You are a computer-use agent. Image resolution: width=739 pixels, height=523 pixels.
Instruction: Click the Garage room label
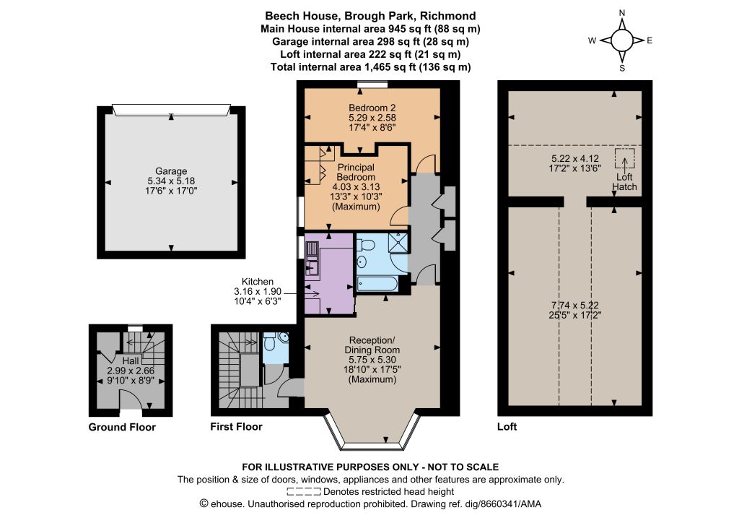(171, 171)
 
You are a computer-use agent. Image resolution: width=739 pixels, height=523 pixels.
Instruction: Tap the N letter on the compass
(622, 13)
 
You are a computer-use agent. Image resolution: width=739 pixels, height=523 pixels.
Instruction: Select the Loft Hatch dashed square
(624, 158)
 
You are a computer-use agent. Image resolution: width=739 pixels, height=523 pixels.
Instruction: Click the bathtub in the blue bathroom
(377, 283)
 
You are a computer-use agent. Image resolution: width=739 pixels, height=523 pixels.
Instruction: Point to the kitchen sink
(312, 257)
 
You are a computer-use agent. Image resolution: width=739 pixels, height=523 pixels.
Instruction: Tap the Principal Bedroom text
(356, 172)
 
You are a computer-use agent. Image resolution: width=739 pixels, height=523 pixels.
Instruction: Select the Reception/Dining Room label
(372, 345)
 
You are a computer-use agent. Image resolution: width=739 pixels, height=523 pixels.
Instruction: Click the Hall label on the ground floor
(131, 360)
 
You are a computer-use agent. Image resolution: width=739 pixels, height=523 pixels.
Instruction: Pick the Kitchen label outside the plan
(258, 282)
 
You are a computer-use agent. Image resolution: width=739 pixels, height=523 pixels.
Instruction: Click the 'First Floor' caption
(236, 427)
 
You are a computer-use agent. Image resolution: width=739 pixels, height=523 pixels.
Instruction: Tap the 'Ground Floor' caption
(122, 427)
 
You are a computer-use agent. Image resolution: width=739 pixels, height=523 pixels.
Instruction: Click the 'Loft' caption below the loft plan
(507, 427)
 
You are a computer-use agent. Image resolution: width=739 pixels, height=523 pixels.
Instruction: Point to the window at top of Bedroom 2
(372, 85)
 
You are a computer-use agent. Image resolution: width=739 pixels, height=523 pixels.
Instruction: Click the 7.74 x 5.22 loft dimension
(575, 305)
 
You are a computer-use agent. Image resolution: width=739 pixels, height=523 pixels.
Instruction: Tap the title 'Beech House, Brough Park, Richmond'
(370, 16)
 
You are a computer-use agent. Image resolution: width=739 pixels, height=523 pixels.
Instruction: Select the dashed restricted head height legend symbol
(304, 492)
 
